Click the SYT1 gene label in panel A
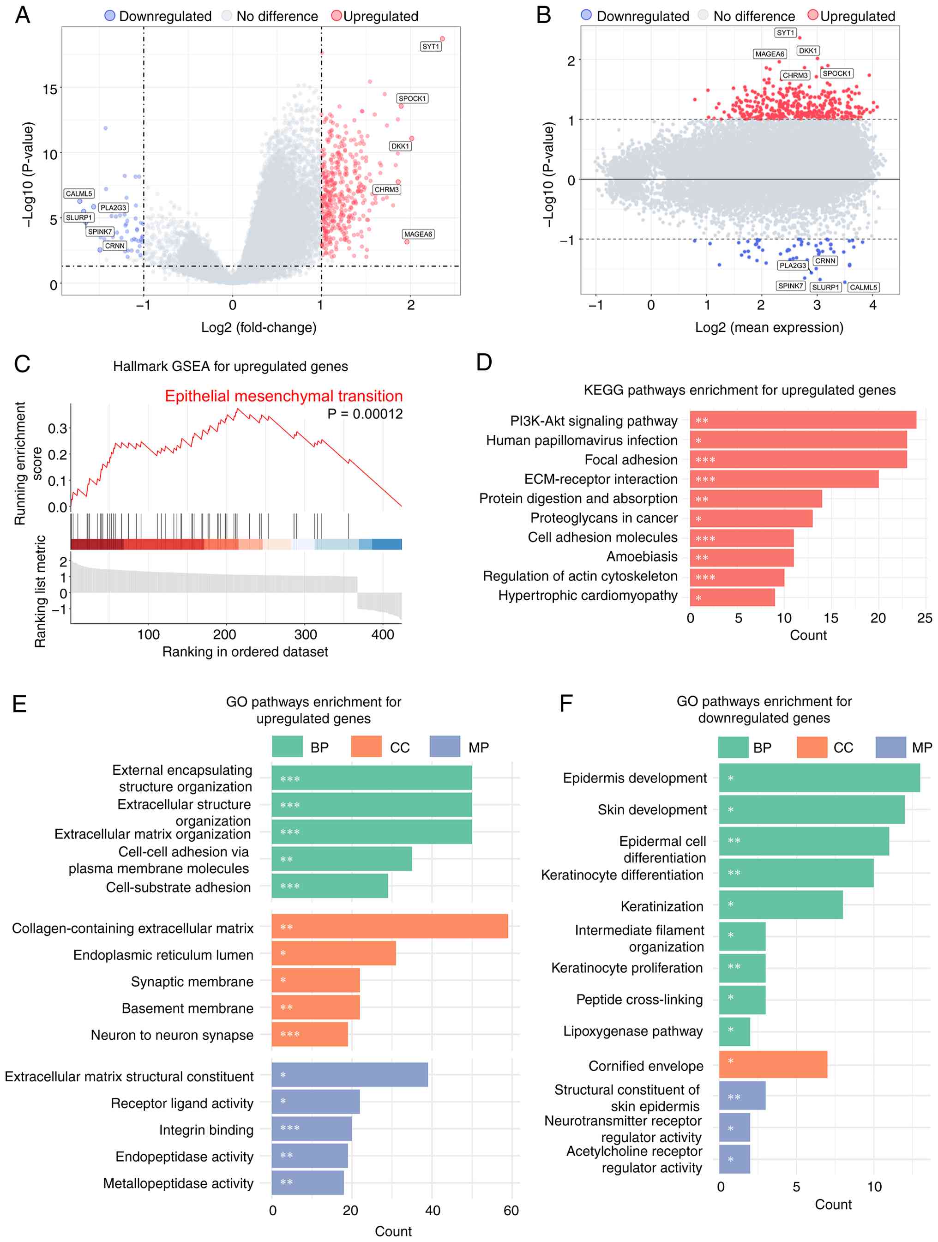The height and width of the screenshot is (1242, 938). point(431,47)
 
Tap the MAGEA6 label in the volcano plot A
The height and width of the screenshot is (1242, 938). point(418,234)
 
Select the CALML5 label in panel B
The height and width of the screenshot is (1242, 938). point(863,288)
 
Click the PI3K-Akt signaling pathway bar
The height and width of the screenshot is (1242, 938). point(803,421)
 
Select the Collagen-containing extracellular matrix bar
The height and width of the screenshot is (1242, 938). point(390,927)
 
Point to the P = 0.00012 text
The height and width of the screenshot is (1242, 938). point(365,414)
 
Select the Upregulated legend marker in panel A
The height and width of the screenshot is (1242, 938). point(336,16)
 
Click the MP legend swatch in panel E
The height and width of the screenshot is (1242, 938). point(445,747)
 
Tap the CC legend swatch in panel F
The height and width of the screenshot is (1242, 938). point(812,748)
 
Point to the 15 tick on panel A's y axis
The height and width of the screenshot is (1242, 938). point(50,89)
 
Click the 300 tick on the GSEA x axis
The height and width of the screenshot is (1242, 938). point(306,634)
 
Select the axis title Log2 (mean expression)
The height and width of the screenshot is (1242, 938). point(769,327)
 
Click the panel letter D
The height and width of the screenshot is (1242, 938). point(484,362)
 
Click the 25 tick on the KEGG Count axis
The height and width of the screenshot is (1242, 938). point(924,618)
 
